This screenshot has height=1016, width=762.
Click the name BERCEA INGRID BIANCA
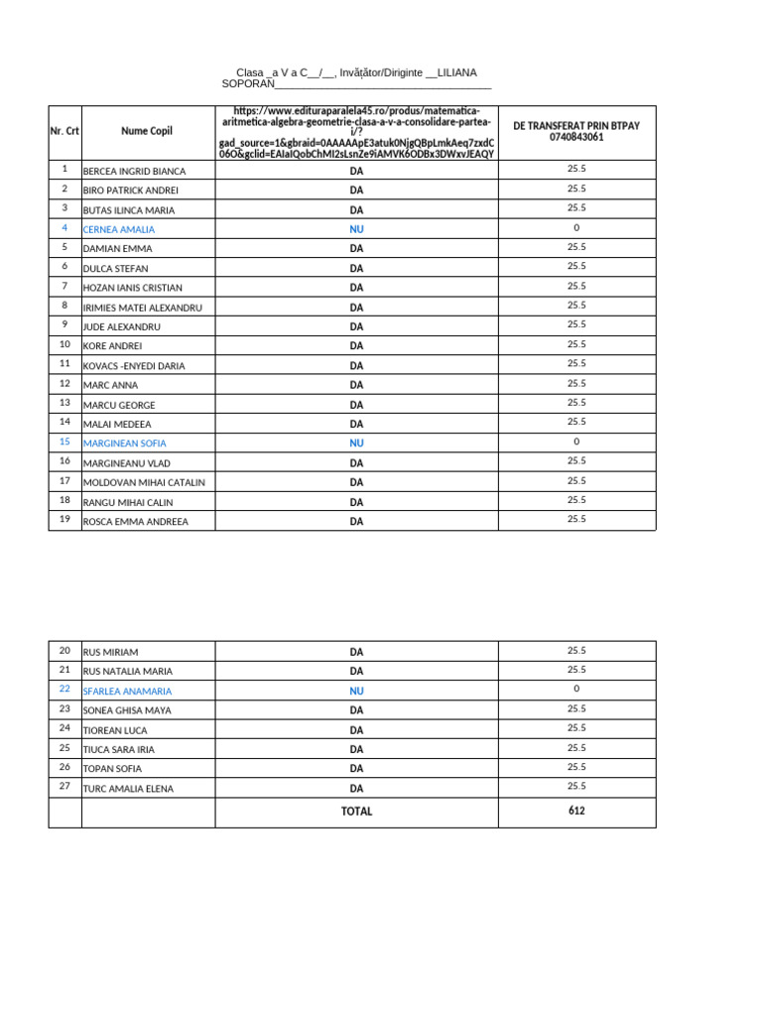click(x=134, y=172)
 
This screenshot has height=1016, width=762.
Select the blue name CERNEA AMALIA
click(x=118, y=229)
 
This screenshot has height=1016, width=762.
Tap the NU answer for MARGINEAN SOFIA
click(x=356, y=444)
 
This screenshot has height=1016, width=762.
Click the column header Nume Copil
click(x=147, y=131)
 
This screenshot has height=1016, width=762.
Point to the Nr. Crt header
click(x=64, y=131)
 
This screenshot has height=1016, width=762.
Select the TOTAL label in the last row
click(x=356, y=812)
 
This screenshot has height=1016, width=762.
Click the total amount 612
click(x=576, y=811)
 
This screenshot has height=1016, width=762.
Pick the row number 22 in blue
click(x=64, y=689)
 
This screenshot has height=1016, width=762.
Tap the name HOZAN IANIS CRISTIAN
click(x=132, y=288)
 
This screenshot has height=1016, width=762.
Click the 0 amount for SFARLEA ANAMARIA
click(x=576, y=689)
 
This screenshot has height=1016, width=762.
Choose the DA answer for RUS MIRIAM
click(x=356, y=652)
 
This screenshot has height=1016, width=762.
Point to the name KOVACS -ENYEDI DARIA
click(x=134, y=366)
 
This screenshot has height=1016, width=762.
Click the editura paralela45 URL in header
click(x=356, y=132)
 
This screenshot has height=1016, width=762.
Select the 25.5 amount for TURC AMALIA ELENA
click(x=576, y=786)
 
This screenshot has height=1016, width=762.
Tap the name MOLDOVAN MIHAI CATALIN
click(x=144, y=482)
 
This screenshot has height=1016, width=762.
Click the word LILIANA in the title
click(x=457, y=73)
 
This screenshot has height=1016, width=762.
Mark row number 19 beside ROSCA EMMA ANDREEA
click(x=64, y=519)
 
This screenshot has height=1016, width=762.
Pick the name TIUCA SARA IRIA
click(x=118, y=749)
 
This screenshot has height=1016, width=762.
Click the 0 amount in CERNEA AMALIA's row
click(x=576, y=227)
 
